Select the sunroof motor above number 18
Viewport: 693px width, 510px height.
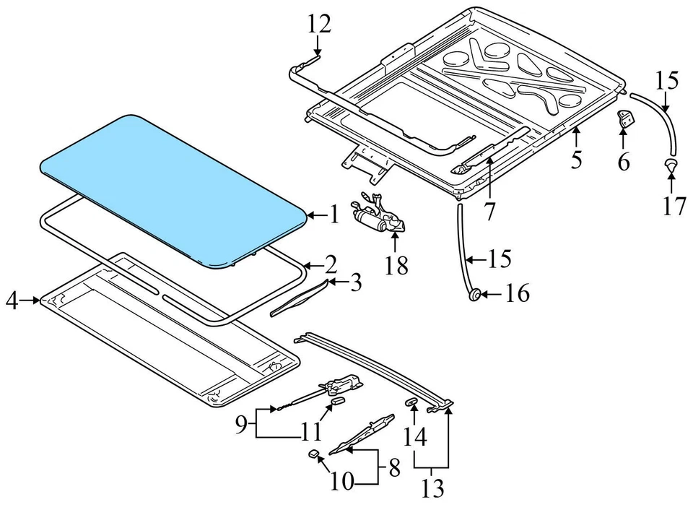click(x=375, y=216)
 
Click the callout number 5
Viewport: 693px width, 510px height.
click(x=575, y=158)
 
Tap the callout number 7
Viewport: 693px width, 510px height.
click(x=490, y=212)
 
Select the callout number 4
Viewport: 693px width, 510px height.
click(x=12, y=300)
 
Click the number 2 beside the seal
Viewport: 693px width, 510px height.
click(x=331, y=263)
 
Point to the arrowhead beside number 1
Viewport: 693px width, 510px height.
click(x=309, y=215)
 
